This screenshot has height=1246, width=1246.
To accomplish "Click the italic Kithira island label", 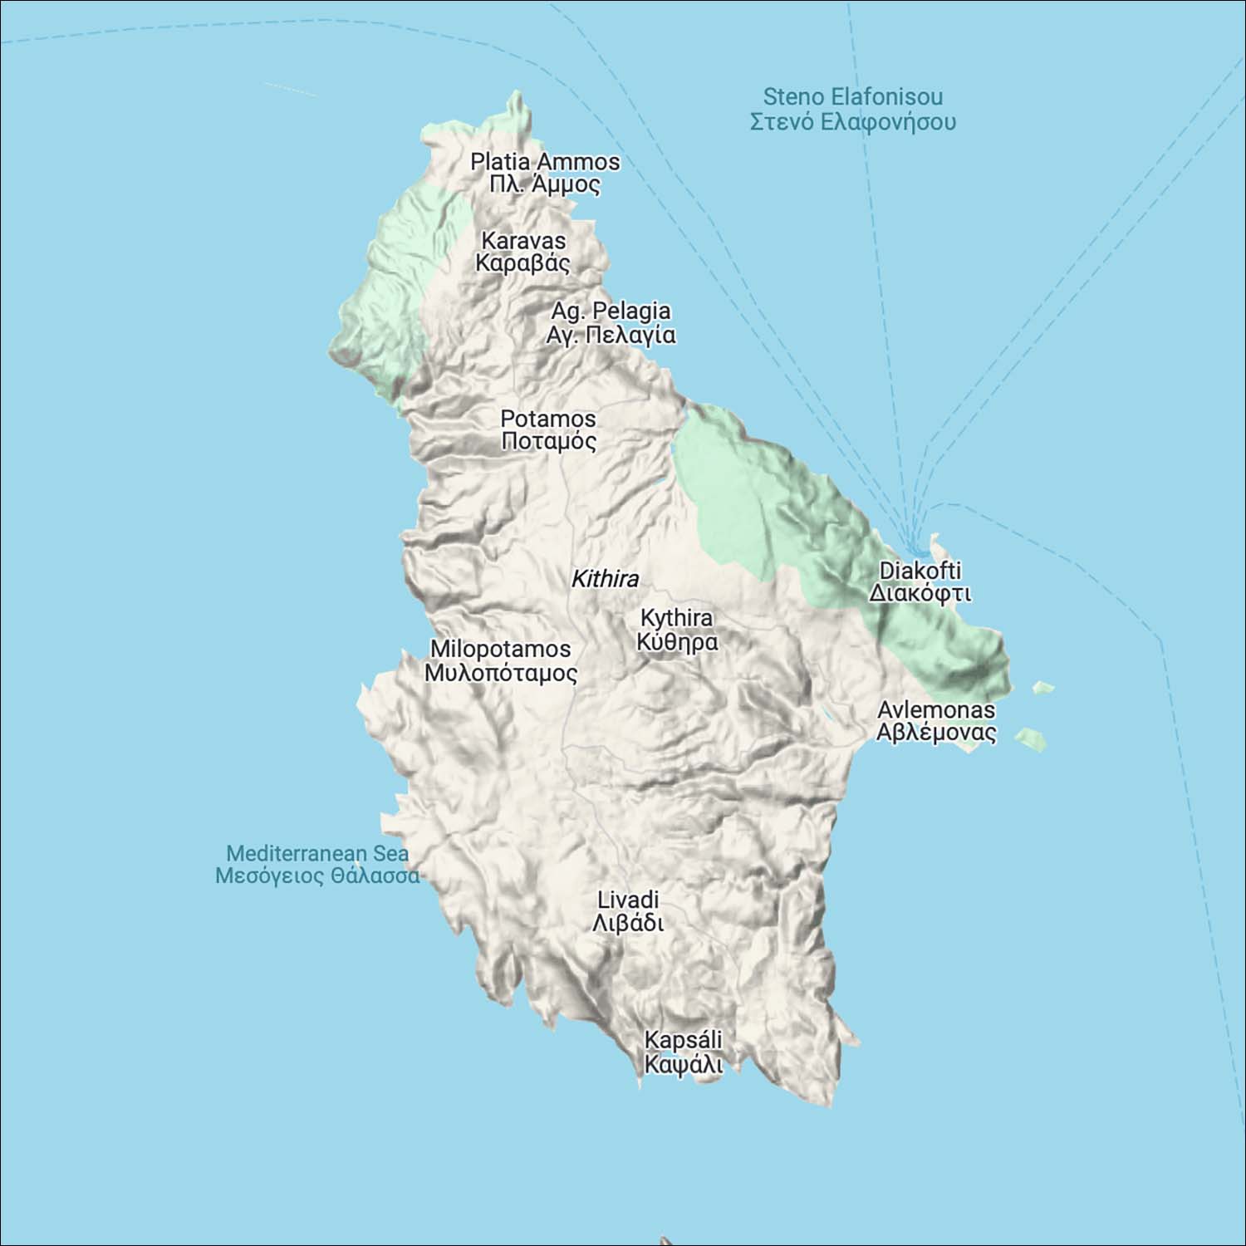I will (605, 579).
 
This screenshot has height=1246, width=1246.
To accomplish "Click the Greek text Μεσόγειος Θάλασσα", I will (317, 876).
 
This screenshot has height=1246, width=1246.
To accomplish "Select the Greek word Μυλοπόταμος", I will (500, 673).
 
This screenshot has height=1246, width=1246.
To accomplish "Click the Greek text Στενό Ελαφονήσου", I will (852, 122).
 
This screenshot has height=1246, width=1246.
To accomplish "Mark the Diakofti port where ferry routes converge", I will (918, 549).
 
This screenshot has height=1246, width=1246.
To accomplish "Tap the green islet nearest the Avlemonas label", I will (1031, 738).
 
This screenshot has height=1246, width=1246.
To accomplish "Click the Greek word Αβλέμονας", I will (936, 733).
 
